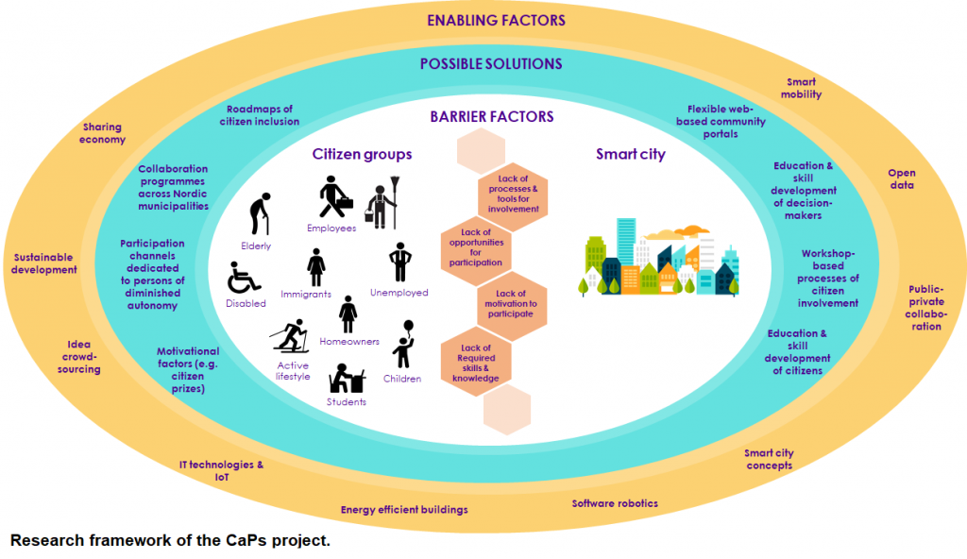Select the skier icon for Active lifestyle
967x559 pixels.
click(290, 336)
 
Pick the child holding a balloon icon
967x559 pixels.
click(404, 346)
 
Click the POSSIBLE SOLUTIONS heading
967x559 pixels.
click(491, 64)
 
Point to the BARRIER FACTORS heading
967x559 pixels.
click(491, 117)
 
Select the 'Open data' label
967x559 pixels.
click(901, 179)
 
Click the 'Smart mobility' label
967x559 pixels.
click(801, 89)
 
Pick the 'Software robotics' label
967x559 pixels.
click(615, 503)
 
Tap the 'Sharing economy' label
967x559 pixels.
click(102, 133)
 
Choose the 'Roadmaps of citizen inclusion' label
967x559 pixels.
click(260, 115)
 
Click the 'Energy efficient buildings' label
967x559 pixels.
click(404, 510)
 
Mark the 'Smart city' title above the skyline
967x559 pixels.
click(630, 155)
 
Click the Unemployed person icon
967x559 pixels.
click(400, 263)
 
